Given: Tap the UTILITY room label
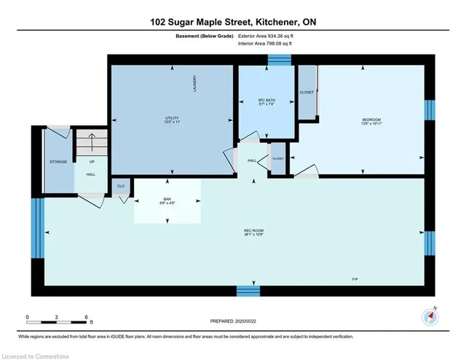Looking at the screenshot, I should pyautogui.click(x=172, y=120).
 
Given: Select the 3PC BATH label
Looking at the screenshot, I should pyautogui.click(x=267, y=101).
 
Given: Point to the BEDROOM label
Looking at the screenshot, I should pyautogui.click(x=371, y=121).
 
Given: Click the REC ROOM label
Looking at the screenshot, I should pyautogui.click(x=253, y=233).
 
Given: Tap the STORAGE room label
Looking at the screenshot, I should pyautogui.click(x=58, y=162).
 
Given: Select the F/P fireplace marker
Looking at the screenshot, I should pyautogui.click(x=355, y=278).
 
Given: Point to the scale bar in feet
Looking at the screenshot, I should pyautogui.click(x=57, y=318).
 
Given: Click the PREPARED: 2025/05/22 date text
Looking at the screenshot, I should pyautogui.click(x=233, y=321).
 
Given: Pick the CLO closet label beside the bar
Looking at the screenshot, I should pyautogui.click(x=121, y=187).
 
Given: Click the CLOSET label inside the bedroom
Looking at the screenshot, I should pyautogui.click(x=307, y=93).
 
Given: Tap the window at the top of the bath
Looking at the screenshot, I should pyautogui.click(x=277, y=60).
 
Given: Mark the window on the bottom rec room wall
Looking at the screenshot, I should pyautogui.click(x=248, y=291).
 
